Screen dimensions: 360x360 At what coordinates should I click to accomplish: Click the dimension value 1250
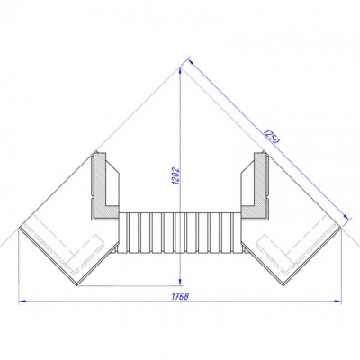pyautogui.click(x=271, y=136)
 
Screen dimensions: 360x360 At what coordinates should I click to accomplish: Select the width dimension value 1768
pyautogui.click(x=180, y=296)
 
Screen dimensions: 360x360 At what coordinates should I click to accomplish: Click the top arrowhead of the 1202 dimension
pyautogui.click(x=180, y=71)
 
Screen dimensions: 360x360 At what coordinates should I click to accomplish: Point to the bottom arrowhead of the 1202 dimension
pyautogui.click(x=180, y=283)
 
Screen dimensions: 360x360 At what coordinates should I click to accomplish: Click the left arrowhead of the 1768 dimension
pyautogui.click(x=23, y=301)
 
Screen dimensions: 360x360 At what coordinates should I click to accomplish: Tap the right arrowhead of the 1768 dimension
pyautogui.click(x=337, y=301)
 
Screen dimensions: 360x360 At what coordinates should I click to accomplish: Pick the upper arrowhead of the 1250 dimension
pyautogui.click(x=192, y=62)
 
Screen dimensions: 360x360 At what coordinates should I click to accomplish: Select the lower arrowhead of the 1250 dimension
pyautogui.click(x=346, y=217)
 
